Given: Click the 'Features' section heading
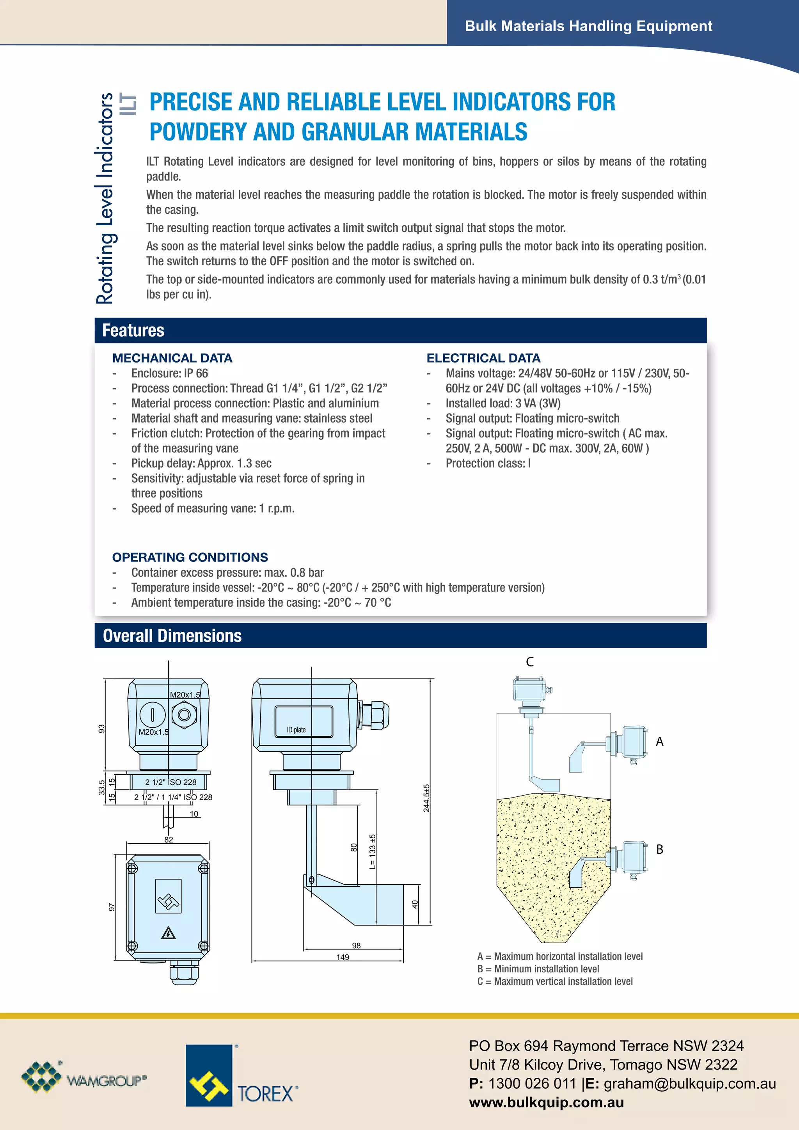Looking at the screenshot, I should pyautogui.click(x=133, y=330).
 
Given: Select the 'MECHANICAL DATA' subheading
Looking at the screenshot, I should pyautogui.click(x=172, y=358).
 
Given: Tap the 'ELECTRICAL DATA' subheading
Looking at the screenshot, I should pyautogui.click(x=483, y=358).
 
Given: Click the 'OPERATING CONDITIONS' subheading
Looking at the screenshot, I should pyautogui.click(x=190, y=557).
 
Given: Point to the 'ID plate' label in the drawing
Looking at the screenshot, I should pyautogui.click(x=296, y=730).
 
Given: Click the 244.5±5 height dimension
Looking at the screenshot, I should pyautogui.click(x=426, y=798).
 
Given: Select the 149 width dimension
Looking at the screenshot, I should pyautogui.click(x=343, y=957).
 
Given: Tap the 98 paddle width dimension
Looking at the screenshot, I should pyautogui.click(x=356, y=945).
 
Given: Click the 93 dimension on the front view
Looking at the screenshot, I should pyautogui.click(x=101, y=728).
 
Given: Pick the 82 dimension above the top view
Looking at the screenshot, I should pyautogui.click(x=169, y=840).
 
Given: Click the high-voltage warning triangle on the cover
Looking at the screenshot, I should pyautogui.click(x=168, y=933).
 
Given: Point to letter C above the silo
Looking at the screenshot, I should pyautogui.click(x=530, y=662).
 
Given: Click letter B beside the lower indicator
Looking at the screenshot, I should pyautogui.click(x=660, y=849).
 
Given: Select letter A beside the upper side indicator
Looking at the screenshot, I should pyautogui.click(x=660, y=742).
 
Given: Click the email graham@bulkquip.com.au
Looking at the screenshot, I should pyautogui.click(x=689, y=1084).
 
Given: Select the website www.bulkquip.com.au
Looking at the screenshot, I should pyautogui.click(x=546, y=1102).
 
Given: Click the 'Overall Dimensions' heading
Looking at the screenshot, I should pyautogui.click(x=172, y=635).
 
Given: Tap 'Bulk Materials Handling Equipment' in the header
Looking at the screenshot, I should pyautogui.click(x=588, y=26).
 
